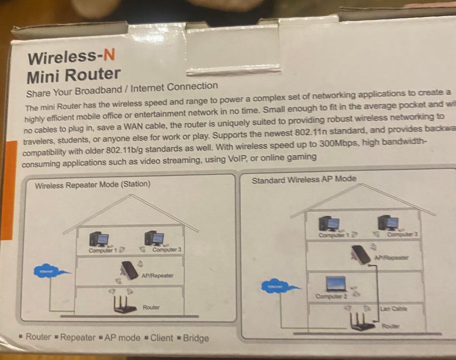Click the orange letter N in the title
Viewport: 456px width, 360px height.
[x=109, y=56]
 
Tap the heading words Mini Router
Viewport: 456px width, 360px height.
[x=74, y=75]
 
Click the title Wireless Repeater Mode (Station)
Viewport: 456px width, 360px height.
[x=93, y=184]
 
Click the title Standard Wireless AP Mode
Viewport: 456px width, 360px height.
[x=304, y=180]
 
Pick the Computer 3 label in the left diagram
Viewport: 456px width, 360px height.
[x=167, y=250]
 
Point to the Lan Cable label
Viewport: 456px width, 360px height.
[x=393, y=309]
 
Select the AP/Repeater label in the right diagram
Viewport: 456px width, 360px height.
[x=391, y=258]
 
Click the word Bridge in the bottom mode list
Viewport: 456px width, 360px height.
[x=196, y=338]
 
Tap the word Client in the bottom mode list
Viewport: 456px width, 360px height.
[x=161, y=338]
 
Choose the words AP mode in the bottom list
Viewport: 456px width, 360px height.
[x=123, y=338]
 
